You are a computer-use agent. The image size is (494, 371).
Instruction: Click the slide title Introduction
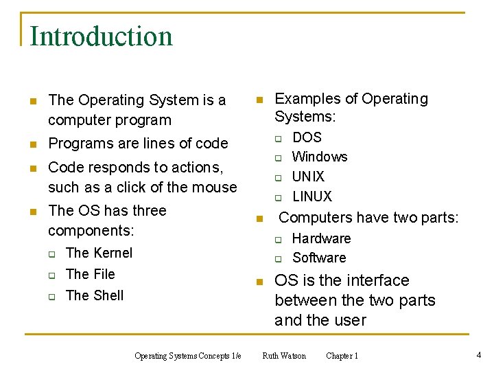(101, 36)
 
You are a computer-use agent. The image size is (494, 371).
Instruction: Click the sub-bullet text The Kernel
(99, 253)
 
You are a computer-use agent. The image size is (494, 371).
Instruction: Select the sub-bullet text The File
(90, 274)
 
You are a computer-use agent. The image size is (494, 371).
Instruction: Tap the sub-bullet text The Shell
(95, 295)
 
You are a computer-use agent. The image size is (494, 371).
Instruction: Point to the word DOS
(307, 137)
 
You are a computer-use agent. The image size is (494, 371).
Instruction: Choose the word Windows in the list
(320, 157)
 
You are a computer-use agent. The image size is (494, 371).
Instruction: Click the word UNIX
(308, 177)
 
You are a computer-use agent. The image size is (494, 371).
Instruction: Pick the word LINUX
(311, 196)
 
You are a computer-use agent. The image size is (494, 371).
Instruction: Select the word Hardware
(321, 238)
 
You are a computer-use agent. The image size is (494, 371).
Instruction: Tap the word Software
(319, 258)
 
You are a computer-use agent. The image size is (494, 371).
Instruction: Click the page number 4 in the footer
(478, 355)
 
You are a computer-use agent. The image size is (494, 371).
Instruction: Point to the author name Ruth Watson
(284, 356)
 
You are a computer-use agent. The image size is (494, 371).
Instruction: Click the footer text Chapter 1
(342, 356)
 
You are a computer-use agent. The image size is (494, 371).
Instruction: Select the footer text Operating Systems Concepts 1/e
(187, 356)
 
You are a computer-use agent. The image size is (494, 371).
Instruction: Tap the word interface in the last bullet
(377, 280)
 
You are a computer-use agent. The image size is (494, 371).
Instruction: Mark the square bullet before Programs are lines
(32, 144)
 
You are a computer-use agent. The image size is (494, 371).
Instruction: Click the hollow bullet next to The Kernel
(51, 254)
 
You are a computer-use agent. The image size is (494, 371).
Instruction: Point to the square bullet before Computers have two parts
(259, 219)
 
